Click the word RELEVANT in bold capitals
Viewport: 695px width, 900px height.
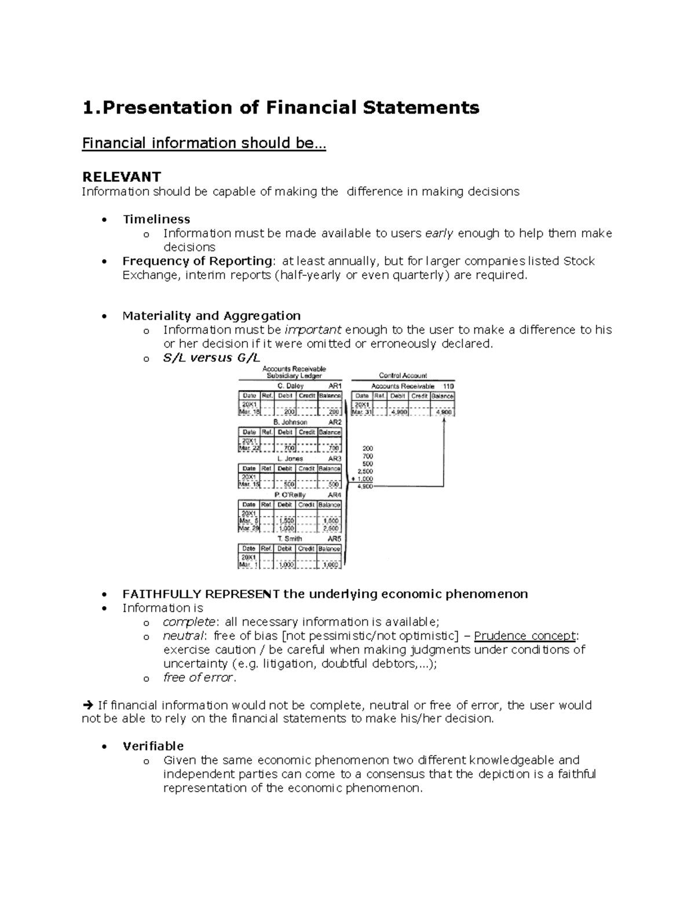(121, 177)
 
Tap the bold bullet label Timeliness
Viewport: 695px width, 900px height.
(156, 219)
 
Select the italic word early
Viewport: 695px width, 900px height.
(440, 233)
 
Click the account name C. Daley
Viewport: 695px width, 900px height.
(290, 386)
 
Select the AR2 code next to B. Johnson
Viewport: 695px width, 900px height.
(335, 422)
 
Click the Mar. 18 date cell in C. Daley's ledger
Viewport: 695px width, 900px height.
(250, 412)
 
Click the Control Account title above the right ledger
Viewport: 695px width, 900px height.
(403, 376)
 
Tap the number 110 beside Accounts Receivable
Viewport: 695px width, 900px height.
(448, 386)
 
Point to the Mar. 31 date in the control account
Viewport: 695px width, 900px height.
(362, 412)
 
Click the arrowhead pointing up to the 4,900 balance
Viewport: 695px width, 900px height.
(444, 421)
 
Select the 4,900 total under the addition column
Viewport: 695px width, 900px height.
(365, 487)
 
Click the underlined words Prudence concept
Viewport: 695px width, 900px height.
(525, 636)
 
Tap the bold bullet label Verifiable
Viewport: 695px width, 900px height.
(153, 746)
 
